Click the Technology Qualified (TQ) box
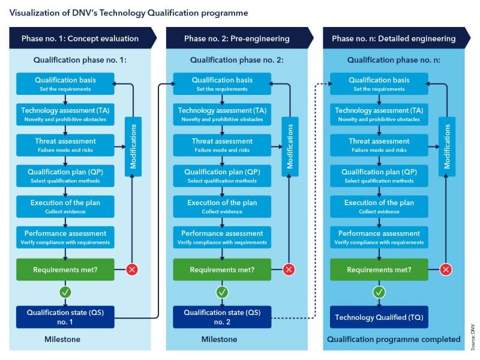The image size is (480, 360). point(379,317)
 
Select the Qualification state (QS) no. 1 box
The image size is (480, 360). point(65,317)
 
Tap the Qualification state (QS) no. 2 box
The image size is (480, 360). point(222,317)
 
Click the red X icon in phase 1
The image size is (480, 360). point(132,269)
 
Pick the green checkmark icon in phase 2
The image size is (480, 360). point(222,292)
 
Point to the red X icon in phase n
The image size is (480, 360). point(446,269)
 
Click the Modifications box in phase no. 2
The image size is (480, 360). point(290,146)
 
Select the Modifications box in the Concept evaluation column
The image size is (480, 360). point(133,146)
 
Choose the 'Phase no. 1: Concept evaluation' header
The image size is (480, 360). point(81,38)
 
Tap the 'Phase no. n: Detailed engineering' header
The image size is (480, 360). point(395,38)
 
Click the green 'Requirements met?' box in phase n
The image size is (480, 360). point(379,269)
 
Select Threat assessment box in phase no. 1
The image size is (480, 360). point(65,145)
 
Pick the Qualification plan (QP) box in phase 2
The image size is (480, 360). point(222,175)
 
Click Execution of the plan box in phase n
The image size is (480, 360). point(379,206)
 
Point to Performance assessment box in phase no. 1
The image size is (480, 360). point(65,237)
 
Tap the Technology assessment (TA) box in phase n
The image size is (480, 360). point(379,114)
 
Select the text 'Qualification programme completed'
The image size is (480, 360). point(393,339)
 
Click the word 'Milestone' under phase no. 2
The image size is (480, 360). point(220,339)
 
